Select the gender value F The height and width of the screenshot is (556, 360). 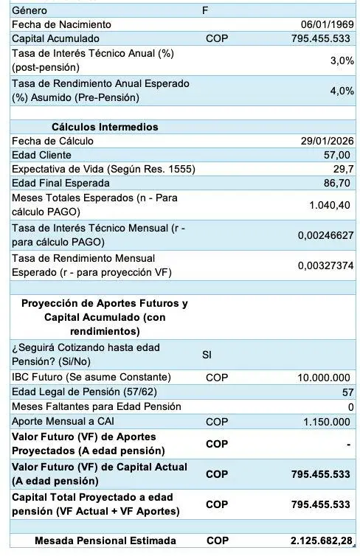(x=205, y=10)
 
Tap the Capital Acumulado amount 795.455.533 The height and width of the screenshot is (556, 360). (x=321, y=38)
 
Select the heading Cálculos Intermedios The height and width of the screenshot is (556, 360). (x=105, y=127)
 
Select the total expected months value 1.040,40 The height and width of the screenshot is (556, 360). (x=329, y=205)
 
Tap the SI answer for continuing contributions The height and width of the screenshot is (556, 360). (x=207, y=355)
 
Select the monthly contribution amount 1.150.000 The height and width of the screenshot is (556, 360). (x=327, y=421)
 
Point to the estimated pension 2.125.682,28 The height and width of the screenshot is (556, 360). (x=316, y=541)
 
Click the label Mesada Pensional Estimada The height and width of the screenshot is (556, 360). (x=105, y=541)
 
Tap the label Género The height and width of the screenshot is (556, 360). (x=30, y=10)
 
